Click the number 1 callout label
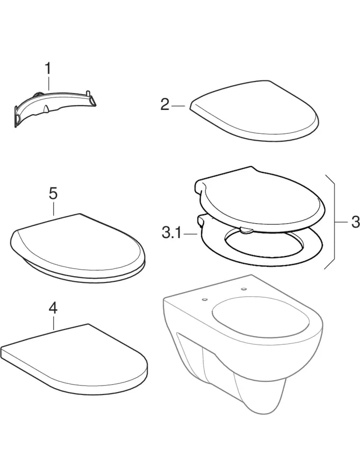48,69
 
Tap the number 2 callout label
165,105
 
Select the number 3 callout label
355,223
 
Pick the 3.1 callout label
171,233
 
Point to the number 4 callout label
53,309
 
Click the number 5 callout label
53,194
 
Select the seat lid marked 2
255,111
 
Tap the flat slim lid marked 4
75,360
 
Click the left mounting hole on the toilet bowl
204,300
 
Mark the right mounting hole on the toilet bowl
244,289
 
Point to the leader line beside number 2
178,106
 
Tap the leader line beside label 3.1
190,234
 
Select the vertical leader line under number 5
53,208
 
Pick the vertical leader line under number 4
53,323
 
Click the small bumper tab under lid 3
247,231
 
